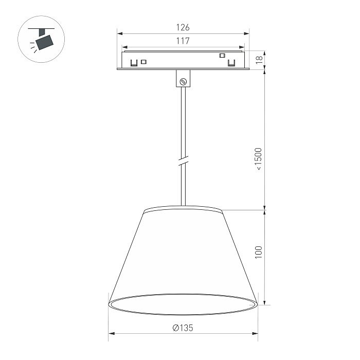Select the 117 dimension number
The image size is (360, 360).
point(183,41)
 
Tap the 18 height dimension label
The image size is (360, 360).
point(259,59)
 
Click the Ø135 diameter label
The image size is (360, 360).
point(183,328)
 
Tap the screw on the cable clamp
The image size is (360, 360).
point(183,80)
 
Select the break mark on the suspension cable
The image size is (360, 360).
point(183,160)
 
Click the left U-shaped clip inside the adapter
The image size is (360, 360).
point(134,63)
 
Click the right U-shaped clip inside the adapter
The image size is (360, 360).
point(232,63)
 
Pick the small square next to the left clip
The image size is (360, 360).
point(144,62)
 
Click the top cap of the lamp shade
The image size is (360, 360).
point(183,209)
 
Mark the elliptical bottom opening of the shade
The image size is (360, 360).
point(183,304)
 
